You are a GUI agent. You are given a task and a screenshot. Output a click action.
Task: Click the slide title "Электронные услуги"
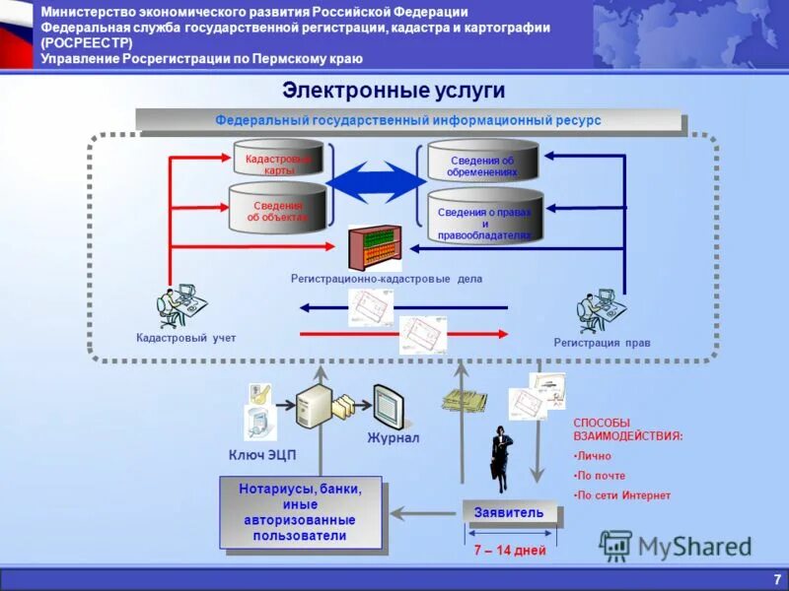[x=394, y=91]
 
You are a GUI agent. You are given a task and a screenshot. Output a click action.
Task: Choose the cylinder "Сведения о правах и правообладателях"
[x=484, y=218]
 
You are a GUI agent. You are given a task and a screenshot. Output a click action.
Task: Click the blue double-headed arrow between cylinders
[x=376, y=183]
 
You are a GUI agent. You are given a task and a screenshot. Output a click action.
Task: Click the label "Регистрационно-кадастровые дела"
[x=387, y=279]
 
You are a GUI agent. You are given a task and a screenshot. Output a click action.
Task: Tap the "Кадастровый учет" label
[x=186, y=338]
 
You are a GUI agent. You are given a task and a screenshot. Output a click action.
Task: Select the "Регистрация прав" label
[x=602, y=342]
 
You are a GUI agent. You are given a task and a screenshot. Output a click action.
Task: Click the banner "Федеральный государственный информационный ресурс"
[x=408, y=120]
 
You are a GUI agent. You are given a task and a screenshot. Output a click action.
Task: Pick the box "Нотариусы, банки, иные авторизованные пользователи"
[x=300, y=512]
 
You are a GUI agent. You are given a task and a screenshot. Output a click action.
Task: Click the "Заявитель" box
[x=508, y=512]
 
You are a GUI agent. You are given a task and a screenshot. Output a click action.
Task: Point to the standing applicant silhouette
[x=500, y=458]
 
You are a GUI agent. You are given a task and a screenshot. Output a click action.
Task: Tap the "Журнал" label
[x=394, y=437]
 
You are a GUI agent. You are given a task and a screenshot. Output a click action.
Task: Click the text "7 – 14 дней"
[x=509, y=550]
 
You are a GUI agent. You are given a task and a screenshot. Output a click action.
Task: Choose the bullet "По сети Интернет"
[x=623, y=495]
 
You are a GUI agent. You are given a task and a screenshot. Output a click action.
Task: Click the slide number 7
[x=777, y=578]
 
